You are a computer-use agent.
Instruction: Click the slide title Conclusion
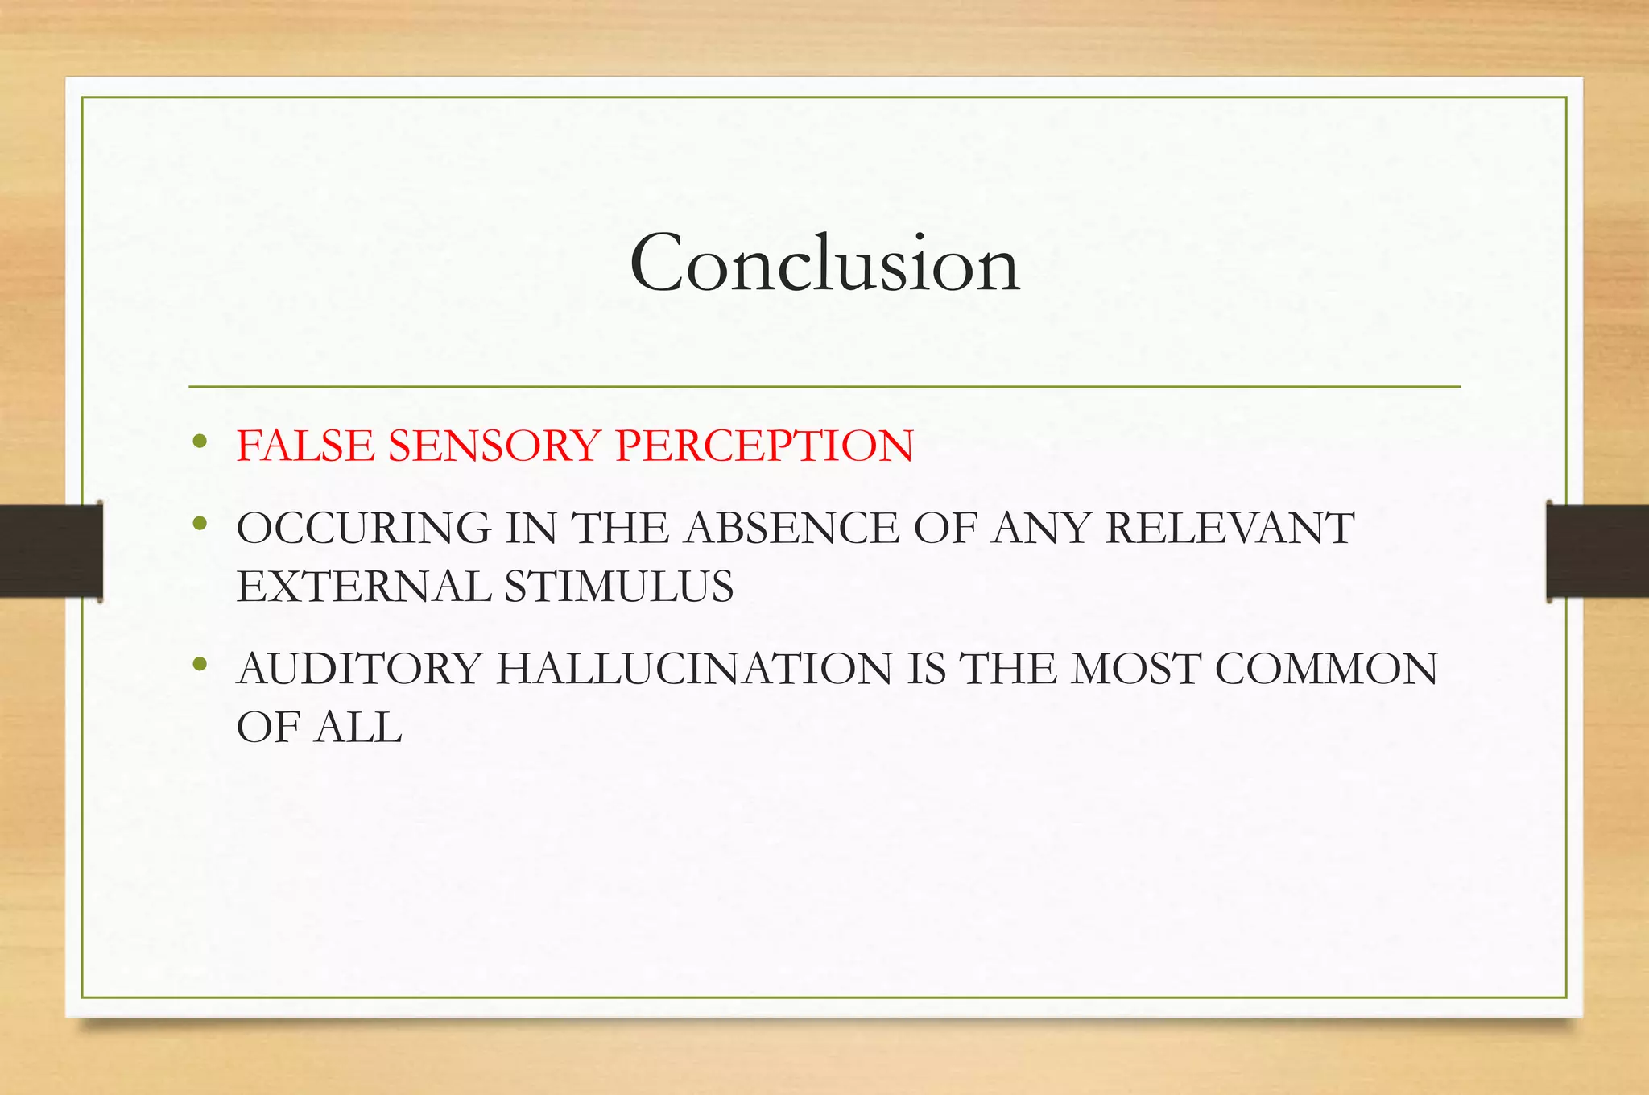pyautogui.click(x=824, y=263)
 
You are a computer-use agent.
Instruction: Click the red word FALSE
pyautogui.click(x=305, y=446)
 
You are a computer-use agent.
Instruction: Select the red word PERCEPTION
pyautogui.click(x=764, y=446)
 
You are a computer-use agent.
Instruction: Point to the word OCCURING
pyautogui.click(x=363, y=529)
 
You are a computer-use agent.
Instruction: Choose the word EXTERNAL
pyautogui.click(x=363, y=587)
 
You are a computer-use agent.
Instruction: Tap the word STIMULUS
pyautogui.click(x=619, y=587)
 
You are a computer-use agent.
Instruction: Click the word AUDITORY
pyautogui.click(x=359, y=670)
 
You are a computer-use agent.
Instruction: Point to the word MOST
pyautogui.click(x=1134, y=670)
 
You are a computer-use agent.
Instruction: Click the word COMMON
pyautogui.click(x=1325, y=670)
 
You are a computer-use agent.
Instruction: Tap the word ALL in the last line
pyautogui.click(x=358, y=728)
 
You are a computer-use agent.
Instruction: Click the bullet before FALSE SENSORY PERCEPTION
pyautogui.click(x=200, y=442)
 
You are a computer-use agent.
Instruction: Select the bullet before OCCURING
pyautogui.click(x=200, y=525)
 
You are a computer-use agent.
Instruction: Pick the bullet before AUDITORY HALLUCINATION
pyautogui.click(x=200, y=666)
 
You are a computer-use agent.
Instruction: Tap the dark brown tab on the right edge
pyautogui.click(x=1597, y=550)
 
